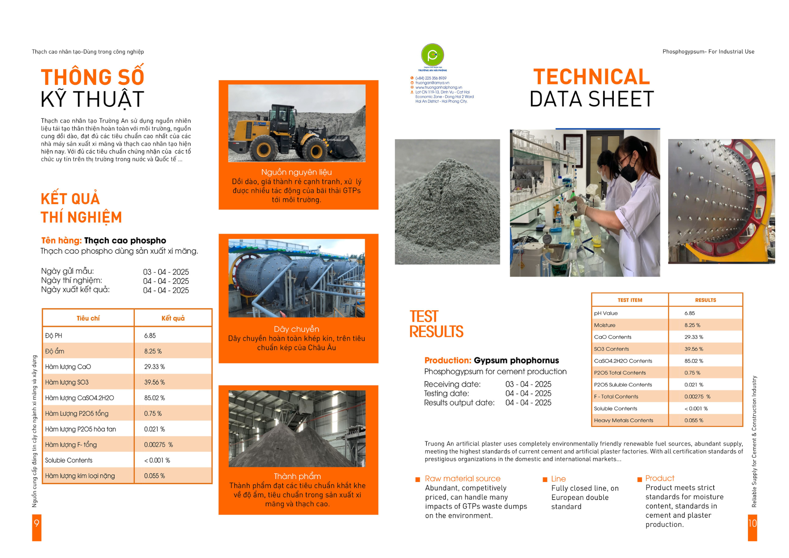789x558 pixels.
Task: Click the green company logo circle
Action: click(x=432, y=55)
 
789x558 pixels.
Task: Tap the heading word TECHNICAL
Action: click(x=591, y=77)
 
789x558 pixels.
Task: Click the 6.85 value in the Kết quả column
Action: click(x=150, y=336)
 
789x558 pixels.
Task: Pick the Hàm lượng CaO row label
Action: click(x=68, y=367)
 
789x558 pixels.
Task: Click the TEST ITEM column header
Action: click(x=630, y=300)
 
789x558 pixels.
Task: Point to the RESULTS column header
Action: click(x=705, y=300)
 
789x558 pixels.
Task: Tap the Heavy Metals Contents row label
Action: click(x=623, y=421)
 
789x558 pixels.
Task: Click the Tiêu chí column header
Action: click(x=88, y=318)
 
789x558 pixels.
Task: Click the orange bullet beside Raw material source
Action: click(x=417, y=479)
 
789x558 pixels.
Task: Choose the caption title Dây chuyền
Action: click(x=297, y=329)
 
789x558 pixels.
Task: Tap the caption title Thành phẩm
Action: click(x=297, y=476)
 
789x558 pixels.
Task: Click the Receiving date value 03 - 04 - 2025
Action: click(x=528, y=384)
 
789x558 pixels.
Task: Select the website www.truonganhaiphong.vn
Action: click(x=438, y=88)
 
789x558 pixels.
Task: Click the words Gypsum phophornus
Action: click(x=516, y=361)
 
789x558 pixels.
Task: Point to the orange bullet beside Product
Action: click(x=639, y=479)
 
